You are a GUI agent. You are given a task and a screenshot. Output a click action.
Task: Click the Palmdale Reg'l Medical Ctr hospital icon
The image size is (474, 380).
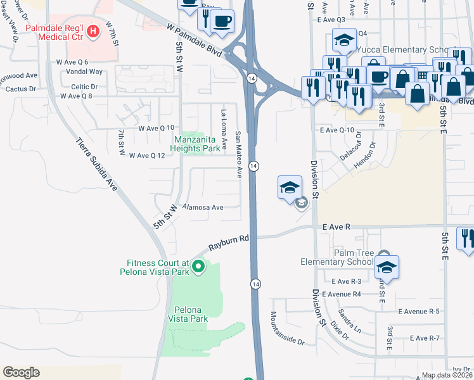point(94,30)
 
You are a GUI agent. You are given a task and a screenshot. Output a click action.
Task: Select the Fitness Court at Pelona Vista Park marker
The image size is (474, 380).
point(198,267)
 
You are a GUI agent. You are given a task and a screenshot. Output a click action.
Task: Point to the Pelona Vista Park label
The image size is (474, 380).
point(188,314)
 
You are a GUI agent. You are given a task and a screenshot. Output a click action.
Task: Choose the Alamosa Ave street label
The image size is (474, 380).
point(203,207)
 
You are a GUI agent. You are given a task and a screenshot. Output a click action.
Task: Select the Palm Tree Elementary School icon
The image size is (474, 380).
point(387,267)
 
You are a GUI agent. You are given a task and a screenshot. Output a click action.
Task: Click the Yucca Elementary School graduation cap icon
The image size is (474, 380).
point(344,41)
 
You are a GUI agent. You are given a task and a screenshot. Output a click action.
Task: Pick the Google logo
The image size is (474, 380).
point(21,372)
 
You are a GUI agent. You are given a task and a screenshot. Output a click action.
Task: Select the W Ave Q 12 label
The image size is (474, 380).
point(147,155)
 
